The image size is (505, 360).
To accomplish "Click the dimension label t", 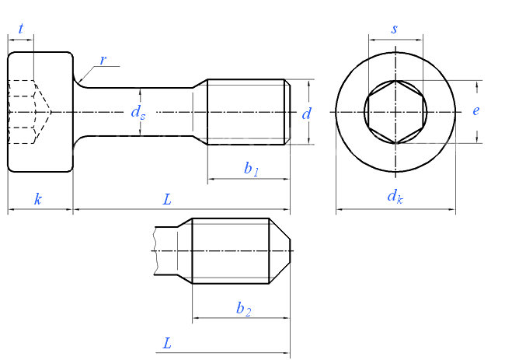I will tap(21, 29).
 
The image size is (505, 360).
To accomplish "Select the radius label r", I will tap(103, 60).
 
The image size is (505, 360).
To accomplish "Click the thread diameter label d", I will tap(307, 114).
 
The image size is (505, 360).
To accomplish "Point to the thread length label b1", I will tap(250, 169).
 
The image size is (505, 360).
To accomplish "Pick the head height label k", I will tap(38, 199).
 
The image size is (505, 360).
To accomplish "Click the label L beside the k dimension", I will tap(166, 199).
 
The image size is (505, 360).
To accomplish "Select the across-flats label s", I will tap(395, 29).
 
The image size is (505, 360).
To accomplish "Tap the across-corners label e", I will tap(475, 110).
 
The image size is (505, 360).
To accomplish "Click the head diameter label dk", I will tap(395, 197).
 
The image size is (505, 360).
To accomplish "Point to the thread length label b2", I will tap(243, 308).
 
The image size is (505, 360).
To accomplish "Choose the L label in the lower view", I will tap(167, 343).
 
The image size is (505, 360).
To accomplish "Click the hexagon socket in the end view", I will tap(395, 112).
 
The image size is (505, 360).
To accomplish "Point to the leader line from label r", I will tap(88, 72).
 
